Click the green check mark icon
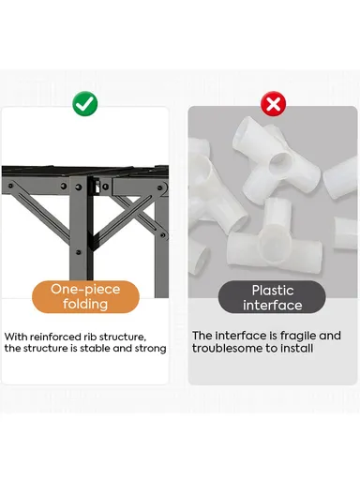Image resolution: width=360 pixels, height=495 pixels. click(85, 103)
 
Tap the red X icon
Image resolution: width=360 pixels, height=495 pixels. click(273, 104)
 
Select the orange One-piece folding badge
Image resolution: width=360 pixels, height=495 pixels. click(85, 297)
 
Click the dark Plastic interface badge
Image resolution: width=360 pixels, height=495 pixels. click(272, 297)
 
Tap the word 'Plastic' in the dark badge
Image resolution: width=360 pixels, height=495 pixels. click(273, 291)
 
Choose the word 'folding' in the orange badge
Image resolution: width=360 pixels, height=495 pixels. click(85, 305)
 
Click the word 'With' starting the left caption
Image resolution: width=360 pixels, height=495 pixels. click(16, 337)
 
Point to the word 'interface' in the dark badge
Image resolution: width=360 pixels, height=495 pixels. click(273, 306)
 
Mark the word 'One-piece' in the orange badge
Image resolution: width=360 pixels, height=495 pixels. click(85, 289)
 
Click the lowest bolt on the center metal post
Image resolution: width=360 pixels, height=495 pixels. click(79, 252)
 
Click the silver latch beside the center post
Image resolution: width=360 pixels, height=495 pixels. click(97, 186)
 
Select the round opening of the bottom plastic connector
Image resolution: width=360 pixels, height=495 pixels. click(275, 248)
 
